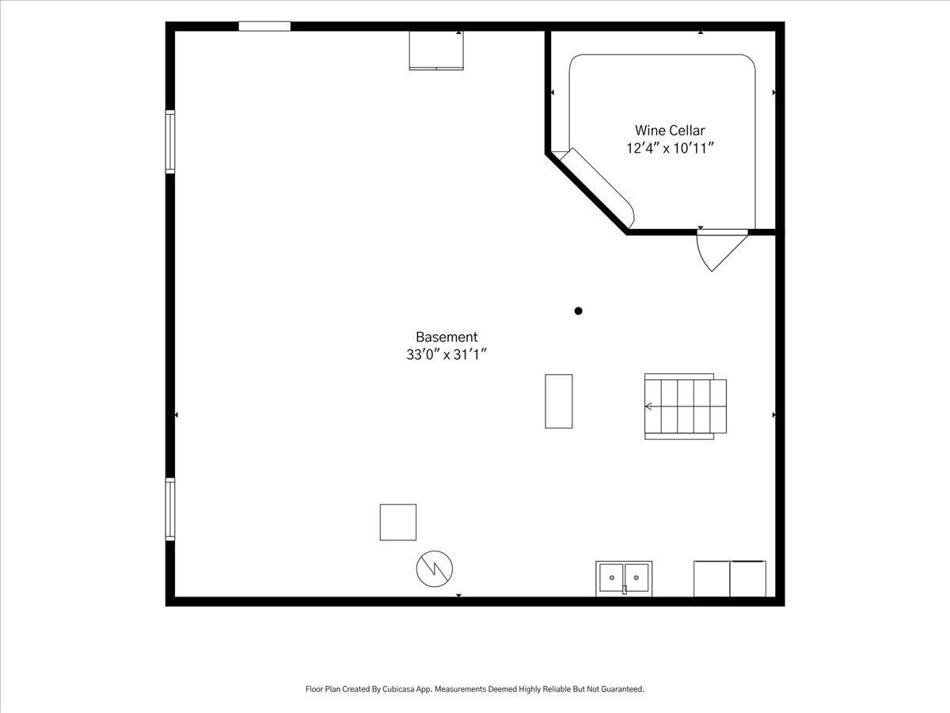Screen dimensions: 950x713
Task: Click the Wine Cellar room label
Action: pos(670,130)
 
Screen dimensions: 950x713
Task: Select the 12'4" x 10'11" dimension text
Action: pos(670,148)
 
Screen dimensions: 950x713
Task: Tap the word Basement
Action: pos(446,337)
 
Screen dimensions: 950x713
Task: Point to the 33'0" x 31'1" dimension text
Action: pos(446,355)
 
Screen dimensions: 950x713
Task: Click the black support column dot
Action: pos(578,311)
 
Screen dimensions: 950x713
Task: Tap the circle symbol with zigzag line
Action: pos(435,569)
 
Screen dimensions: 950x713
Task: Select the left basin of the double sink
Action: pos(611,578)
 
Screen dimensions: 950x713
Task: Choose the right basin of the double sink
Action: pos(636,578)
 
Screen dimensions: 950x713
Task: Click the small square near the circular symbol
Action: pos(398,522)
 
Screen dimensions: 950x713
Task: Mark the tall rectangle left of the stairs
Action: pos(559,402)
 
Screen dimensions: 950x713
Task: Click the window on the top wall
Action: pos(264,26)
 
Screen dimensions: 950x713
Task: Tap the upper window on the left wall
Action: pos(170,142)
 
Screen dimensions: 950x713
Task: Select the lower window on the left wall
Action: pos(170,509)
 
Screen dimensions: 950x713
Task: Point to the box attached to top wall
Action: pos(436,50)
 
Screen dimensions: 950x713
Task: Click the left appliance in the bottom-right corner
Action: pos(712,579)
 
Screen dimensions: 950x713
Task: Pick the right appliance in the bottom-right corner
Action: pos(748,579)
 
